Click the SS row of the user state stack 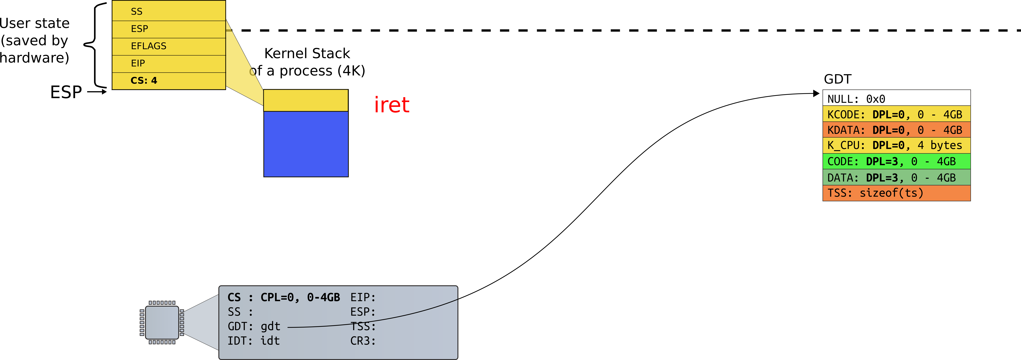click(x=169, y=11)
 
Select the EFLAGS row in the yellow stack click(x=169, y=46)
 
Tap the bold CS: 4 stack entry click(x=169, y=81)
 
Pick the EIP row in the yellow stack click(x=169, y=63)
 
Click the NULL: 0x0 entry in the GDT click(x=897, y=98)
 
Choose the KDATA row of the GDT click(x=897, y=130)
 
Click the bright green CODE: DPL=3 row click(x=897, y=161)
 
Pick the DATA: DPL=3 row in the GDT click(x=897, y=177)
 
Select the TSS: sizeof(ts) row click(x=897, y=193)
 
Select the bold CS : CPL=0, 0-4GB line click(x=284, y=297)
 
